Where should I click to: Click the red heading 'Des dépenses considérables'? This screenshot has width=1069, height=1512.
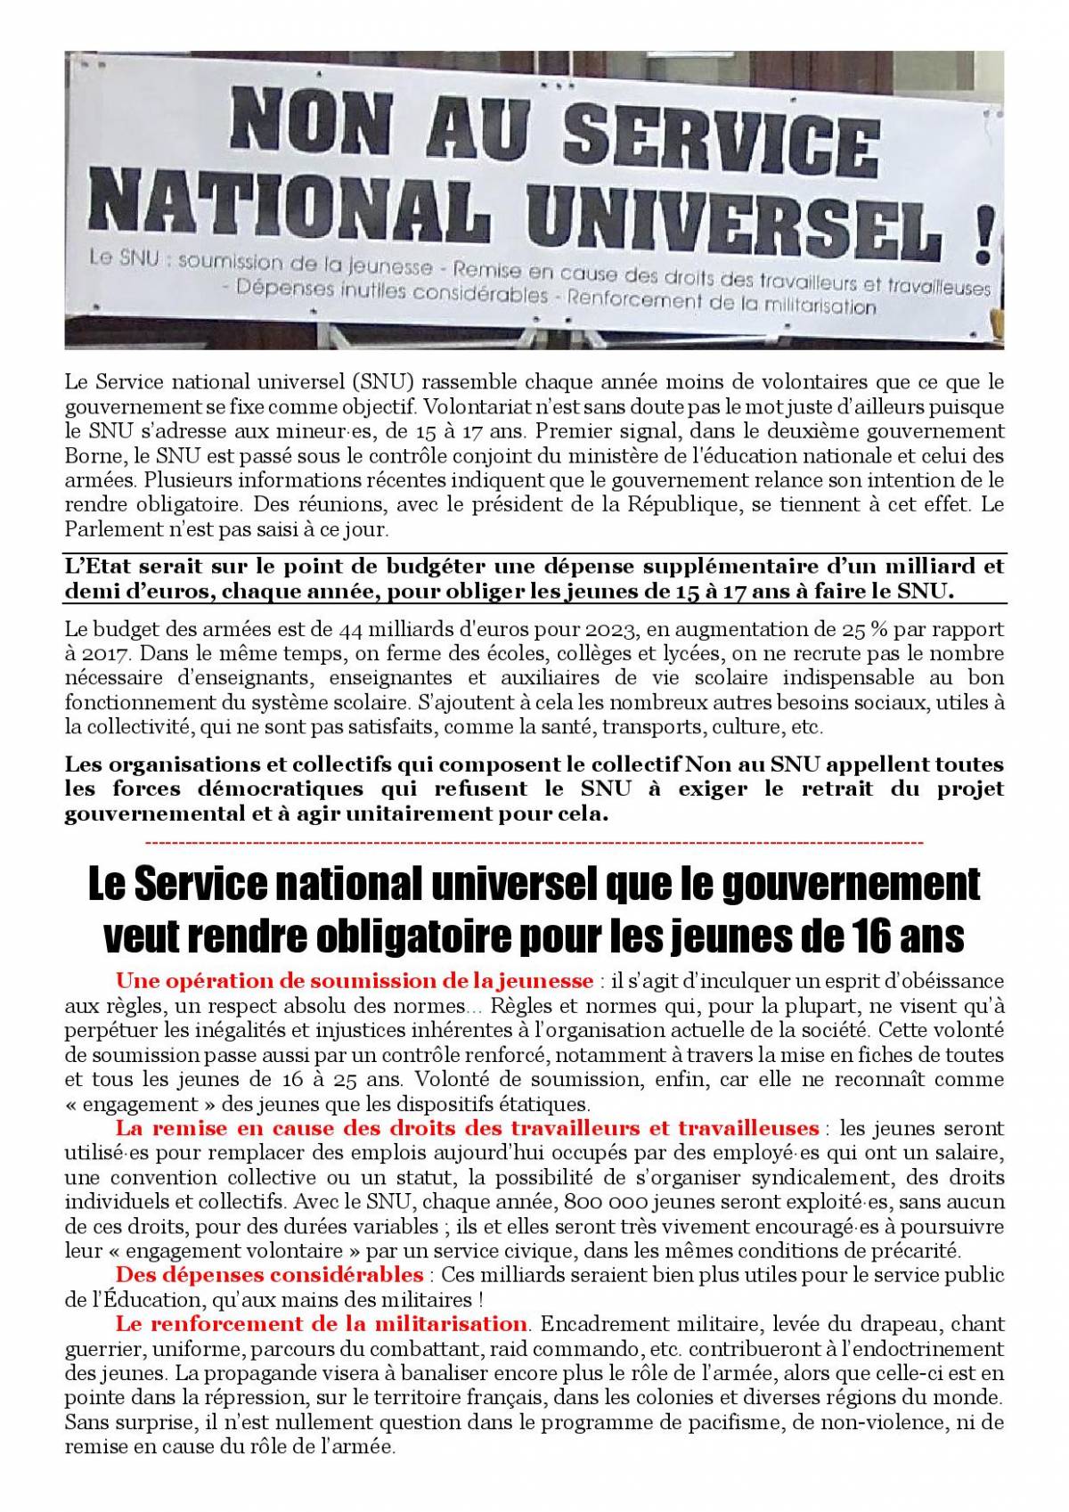point(269,1273)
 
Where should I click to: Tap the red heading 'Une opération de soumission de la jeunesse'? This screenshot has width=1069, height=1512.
point(355,981)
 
